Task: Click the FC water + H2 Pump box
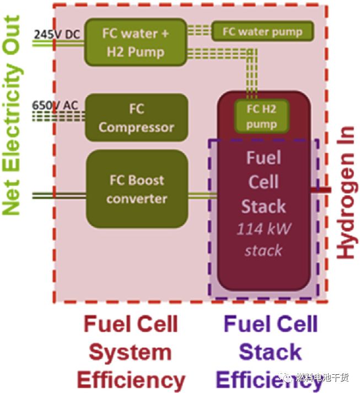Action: click(x=135, y=42)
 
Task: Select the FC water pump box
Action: click(x=262, y=31)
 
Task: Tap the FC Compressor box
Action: click(x=136, y=117)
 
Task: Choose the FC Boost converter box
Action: click(x=137, y=189)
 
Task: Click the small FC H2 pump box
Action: click(x=261, y=116)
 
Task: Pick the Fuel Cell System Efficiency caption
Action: click(x=131, y=352)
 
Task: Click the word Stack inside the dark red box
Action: click(x=264, y=206)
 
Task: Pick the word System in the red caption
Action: click(x=131, y=352)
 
